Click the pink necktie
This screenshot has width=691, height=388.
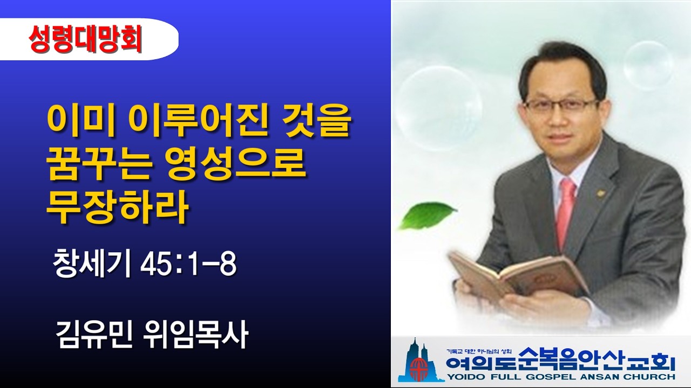click(x=565, y=213)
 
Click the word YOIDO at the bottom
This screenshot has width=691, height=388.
click(x=468, y=376)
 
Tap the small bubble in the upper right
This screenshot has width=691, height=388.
click(x=648, y=65)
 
